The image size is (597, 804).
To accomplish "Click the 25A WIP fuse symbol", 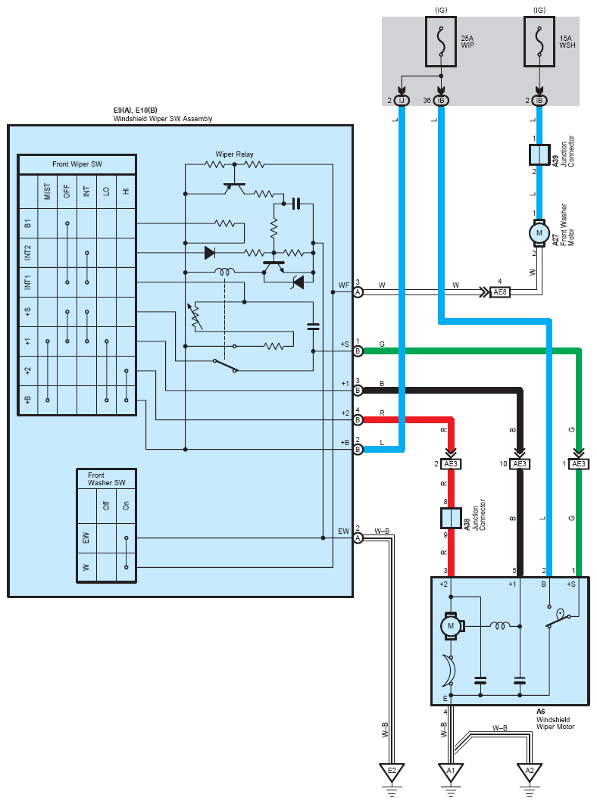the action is point(440,42).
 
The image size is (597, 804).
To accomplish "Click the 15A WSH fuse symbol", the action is point(539,42).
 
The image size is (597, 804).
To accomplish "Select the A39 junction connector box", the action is point(539,155).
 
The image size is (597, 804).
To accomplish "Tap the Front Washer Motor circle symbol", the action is point(539,232).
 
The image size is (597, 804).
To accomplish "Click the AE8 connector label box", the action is point(499,292).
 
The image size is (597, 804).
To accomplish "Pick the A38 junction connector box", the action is point(452,518).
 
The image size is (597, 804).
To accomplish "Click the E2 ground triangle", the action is point(392,771).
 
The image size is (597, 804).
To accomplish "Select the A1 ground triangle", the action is point(451,771).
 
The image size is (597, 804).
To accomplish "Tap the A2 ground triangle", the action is point(530,771).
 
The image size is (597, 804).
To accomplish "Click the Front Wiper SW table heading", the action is point(77,164).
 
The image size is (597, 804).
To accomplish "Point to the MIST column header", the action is point(48,192).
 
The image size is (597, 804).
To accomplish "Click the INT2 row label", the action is point(28,252).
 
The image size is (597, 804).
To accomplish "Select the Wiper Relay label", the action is point(234,154).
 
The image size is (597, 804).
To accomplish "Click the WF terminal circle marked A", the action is point(358,292).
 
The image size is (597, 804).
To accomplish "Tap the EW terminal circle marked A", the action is point(358,538).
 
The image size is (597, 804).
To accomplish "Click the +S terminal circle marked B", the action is point(358,351).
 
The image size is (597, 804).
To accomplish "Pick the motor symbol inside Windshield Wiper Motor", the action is point(452,626).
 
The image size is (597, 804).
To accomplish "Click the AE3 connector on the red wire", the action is point(451,464).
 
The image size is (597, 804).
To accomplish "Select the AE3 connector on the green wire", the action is point(579,464).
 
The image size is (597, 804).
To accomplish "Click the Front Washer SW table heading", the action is point(106,479).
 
